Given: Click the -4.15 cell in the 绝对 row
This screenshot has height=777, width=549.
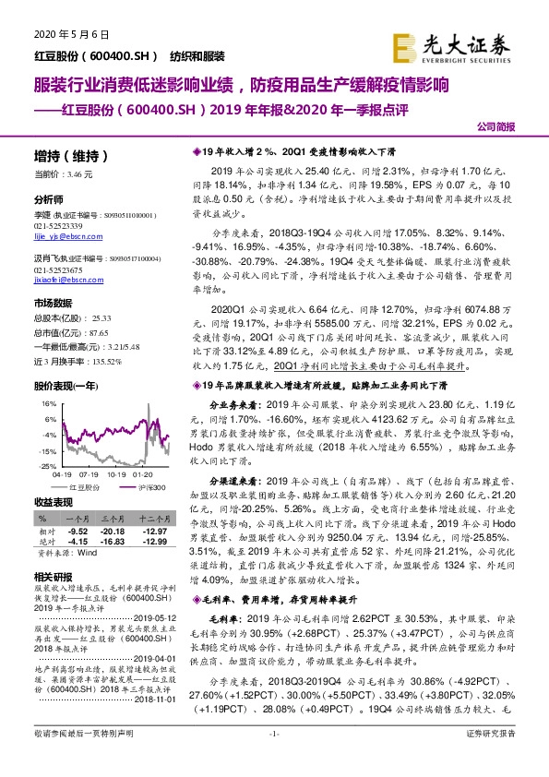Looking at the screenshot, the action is [x=79, y=541].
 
